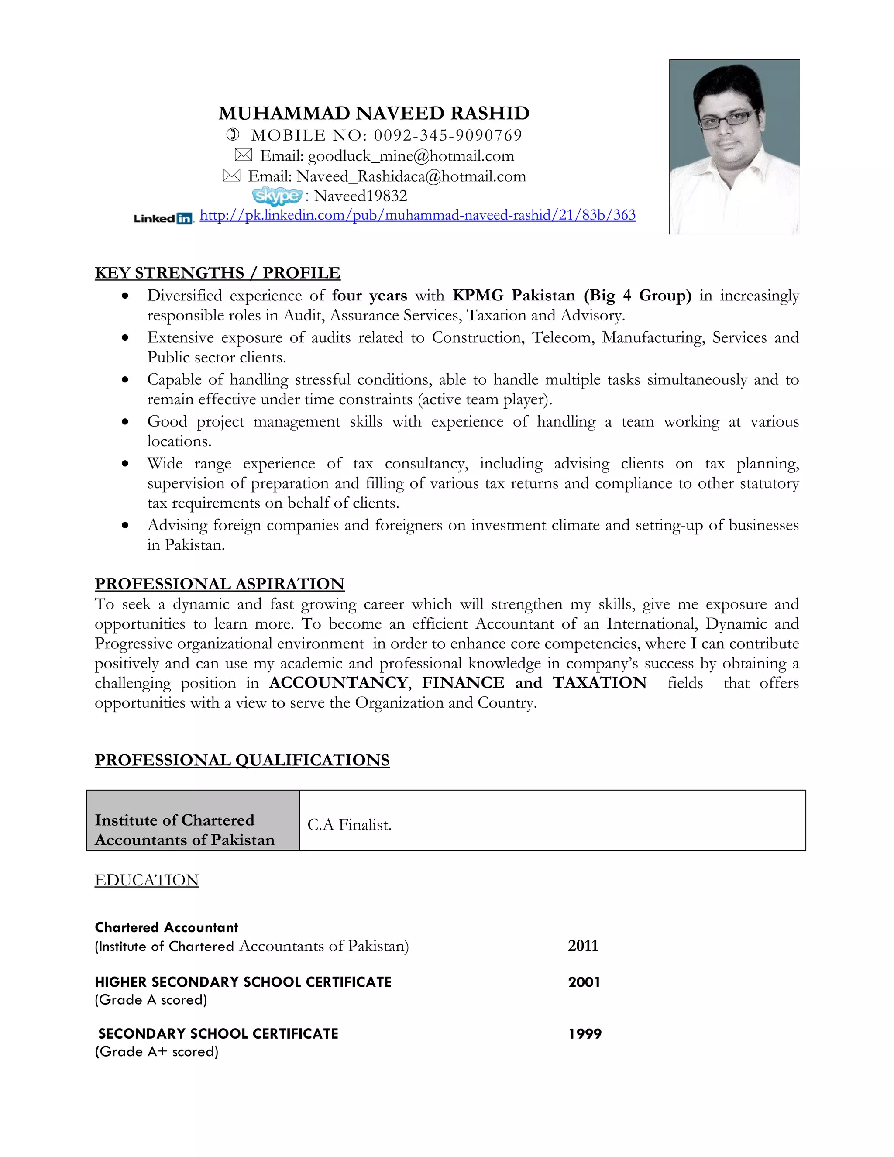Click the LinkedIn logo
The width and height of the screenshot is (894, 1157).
click(x=163, y=218)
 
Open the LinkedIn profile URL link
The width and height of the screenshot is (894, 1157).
click(x=417, y=215)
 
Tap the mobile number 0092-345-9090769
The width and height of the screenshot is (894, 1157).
click(x=447, y=136)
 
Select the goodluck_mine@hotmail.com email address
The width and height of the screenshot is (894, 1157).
click(x=411, y=156)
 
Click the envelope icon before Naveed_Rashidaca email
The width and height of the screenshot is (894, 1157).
click(x=231, y=176)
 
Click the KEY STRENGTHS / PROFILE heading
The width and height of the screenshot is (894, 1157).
click(x=217, y=273)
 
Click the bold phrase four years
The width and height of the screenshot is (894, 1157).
click(x=369, y=295)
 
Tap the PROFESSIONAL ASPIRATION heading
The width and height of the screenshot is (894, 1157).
click(x=219, y=584)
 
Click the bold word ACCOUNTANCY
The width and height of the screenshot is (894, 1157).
click(x=338, y=682)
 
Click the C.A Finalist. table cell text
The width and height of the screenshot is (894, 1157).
click(x=349, y=825)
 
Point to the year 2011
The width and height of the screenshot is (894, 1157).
click(x=583, y=946)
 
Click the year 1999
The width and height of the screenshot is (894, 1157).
click(x=585, y=1033)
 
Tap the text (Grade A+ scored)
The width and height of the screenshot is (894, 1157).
click(x=156, y=1052)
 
